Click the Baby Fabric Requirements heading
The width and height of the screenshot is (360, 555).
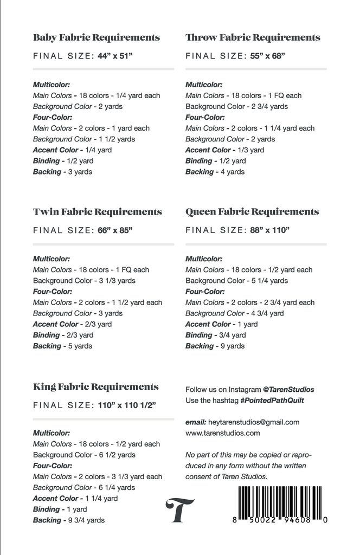[97, 37]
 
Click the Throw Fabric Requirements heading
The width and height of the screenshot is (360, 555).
[253, 37]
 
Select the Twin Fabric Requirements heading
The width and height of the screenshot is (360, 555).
[98, 212]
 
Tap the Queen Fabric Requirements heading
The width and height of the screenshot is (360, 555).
[252, 212]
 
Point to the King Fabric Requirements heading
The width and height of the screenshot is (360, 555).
[96, 387]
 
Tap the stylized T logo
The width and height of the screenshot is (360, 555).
[181, 510]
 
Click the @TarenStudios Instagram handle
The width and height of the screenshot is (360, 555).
[288, 389]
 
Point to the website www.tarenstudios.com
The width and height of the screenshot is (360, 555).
[223, 433]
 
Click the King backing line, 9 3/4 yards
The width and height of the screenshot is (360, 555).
[69, 520]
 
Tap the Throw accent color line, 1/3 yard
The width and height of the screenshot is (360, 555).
[225, 150]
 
